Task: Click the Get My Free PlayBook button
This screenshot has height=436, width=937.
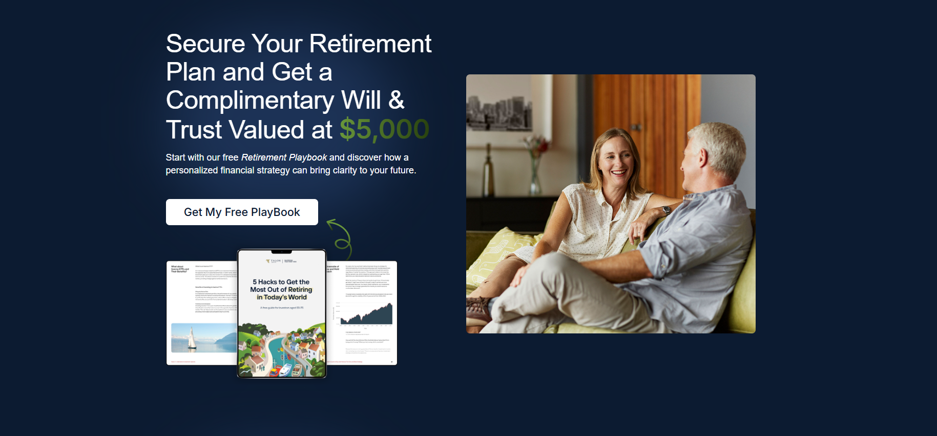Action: [242, 212]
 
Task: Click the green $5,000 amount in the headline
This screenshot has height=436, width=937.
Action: [384, 129]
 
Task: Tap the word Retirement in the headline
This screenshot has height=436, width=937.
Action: [370, 44]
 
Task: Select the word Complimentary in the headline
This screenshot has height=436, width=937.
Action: [250, 100]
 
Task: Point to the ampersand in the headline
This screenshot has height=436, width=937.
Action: [396, 100]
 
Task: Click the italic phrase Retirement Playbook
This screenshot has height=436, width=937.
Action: [284, 157]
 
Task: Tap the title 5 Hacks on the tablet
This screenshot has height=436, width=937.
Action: [281, 289]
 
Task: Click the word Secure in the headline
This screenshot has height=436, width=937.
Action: [205, 44]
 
